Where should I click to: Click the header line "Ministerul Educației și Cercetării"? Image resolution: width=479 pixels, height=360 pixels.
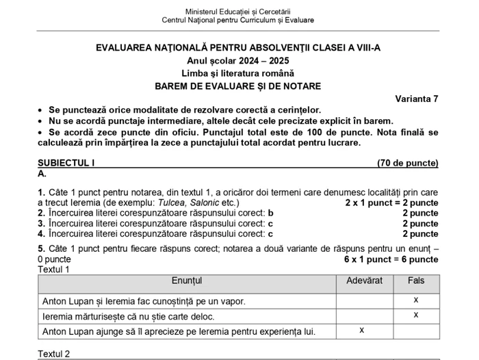tap(237, 12)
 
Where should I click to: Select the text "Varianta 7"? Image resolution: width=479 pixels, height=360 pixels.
tap(417, 99)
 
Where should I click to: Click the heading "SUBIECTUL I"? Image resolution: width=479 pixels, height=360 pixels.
tap(66, 163)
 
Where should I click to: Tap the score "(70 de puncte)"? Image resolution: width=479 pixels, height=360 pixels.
tap(407, 163)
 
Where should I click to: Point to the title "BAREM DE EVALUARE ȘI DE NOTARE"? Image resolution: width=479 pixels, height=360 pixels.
tap(237, 86)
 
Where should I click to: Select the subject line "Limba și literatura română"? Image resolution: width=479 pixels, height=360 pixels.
tap(237, 73)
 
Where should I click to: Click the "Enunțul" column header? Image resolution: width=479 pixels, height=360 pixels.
tap(187, 281)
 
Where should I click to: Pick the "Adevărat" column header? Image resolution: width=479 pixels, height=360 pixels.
tap(365, 281)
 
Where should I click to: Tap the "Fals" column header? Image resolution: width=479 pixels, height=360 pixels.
tap(416, 281)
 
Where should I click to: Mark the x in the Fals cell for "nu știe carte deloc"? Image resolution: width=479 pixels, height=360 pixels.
tap(416, 316)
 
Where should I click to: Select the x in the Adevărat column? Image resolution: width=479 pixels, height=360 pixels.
tap(362, 331)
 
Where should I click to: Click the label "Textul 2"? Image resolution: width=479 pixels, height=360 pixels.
tap(54, 354)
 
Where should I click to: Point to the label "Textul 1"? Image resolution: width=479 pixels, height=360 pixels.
tap(54, 269)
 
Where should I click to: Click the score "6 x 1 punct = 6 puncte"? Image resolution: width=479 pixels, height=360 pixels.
tap(391, 259)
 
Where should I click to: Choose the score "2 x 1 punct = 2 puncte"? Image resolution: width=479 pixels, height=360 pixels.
tap(391, 203)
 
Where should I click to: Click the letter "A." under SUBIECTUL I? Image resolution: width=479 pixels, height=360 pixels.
tap(42, 174)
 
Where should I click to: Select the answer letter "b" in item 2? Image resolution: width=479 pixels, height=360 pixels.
tap(270, 214)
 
